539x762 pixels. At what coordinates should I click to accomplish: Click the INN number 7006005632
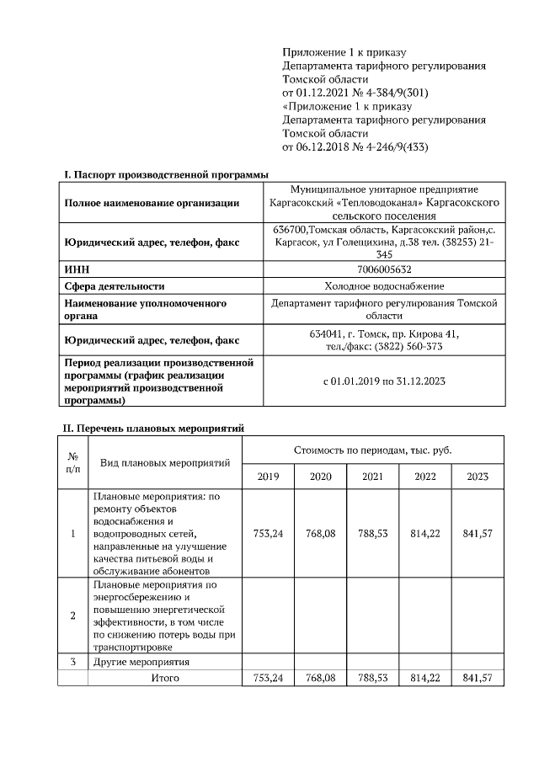(x=384, y=269)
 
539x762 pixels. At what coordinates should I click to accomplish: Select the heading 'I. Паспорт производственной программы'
(x=166, y=174)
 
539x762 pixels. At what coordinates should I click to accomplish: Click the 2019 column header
(x=268, y=477)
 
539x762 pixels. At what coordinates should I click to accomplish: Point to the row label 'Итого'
(x=165, y=677)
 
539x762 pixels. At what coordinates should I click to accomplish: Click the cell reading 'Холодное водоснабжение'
(x=384, y=286)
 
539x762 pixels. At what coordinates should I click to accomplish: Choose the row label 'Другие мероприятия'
(x=141, y=662)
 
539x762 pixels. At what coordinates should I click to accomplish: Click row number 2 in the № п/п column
(x=73, y=615)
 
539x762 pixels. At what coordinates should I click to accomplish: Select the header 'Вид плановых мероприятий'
(x=165, y=463)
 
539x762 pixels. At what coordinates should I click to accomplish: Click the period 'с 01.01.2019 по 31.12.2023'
(x=384, y=381)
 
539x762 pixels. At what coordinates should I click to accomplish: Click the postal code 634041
(x=327, y=333)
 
